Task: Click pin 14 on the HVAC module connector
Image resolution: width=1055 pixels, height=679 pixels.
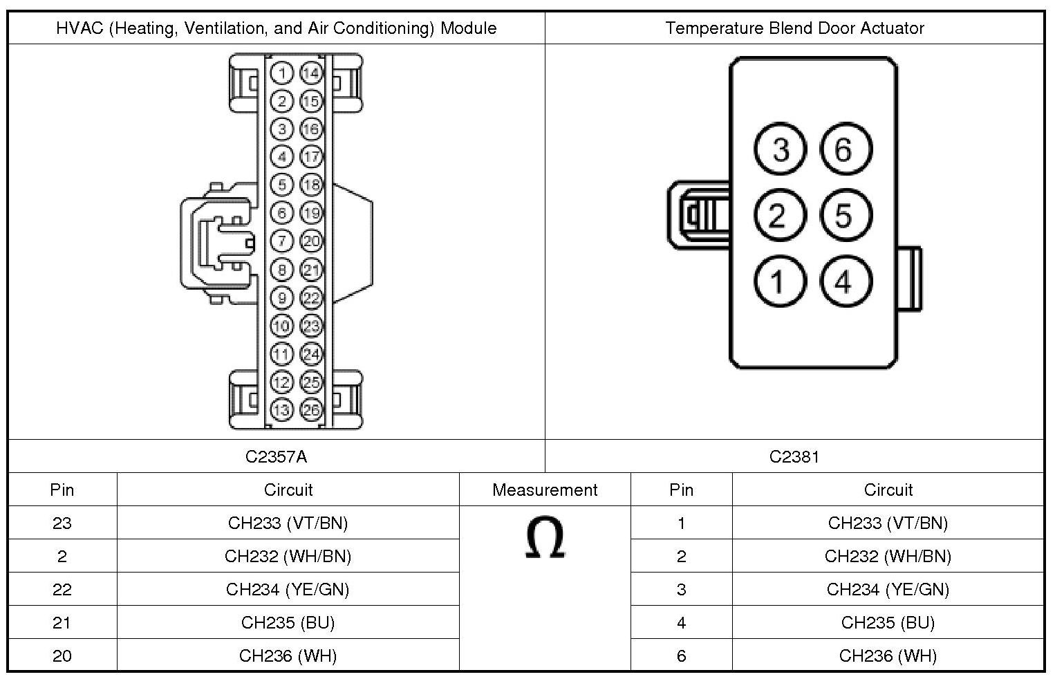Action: [x=311, y=73]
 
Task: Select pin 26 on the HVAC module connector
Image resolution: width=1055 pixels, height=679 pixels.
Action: [x=311, y=409]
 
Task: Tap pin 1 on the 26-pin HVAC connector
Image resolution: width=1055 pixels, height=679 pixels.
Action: [x=281, y=73]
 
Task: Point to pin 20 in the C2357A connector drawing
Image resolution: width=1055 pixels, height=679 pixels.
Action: [x=311, y=241]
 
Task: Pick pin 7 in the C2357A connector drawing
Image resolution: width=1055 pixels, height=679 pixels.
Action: [x=281, y=241]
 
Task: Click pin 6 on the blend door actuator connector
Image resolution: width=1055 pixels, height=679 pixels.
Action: [x=846, y=149]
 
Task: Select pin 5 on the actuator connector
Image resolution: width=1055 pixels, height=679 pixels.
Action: [x=846, y=215]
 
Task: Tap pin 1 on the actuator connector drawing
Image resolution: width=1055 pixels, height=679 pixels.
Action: [x=780, y=281]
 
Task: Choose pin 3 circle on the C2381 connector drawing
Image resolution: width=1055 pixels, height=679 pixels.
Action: [x=780, y=149]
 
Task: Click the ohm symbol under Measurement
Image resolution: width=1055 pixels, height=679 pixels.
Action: [x=545, y=538]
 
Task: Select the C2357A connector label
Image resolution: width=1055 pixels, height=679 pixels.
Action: [x=276, y=456]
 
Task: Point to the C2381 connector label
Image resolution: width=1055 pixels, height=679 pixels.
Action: [x=794, y=456]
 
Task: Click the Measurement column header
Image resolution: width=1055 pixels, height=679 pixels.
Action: [x=545, y=490]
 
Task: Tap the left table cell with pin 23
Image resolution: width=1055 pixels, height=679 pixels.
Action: [x=62, y=523]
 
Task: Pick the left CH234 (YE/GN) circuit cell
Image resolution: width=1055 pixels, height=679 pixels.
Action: [x=288, y=589]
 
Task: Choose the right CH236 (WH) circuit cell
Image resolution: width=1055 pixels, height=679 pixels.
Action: [x=888, y=655]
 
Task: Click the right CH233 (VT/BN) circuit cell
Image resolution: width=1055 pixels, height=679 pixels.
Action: [x=888, y=523]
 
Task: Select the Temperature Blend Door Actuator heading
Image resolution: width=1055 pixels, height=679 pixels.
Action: [x=794, y=28]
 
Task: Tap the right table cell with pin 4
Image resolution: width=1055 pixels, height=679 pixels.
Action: [x=681, y=622]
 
